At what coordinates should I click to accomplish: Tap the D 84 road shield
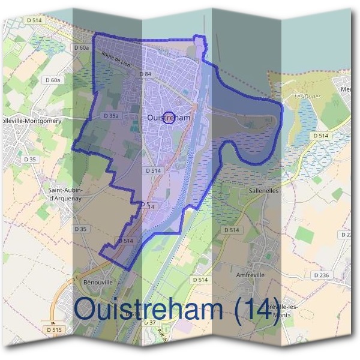click(x=145, y=74)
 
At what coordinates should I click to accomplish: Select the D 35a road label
click(x=111, y=116)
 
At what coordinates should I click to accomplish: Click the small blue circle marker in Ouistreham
click(x=169, y=118)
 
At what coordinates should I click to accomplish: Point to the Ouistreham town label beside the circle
click(x=168, y=118)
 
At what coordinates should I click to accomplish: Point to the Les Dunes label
click(x=307, y=97)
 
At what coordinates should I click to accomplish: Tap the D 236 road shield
click(x=322, y=275)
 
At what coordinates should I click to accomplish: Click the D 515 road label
click(x=53, y=330)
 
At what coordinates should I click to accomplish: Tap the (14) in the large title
click(x=257, y=310)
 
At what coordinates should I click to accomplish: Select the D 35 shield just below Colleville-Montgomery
click(x=30, y=160)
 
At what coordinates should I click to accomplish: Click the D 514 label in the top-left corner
click(x=35, y=20)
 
